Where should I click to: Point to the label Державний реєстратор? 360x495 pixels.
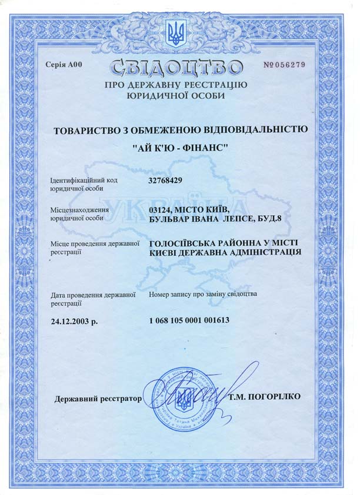coord(98,399)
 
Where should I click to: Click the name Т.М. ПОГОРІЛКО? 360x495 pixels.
coord(265,397)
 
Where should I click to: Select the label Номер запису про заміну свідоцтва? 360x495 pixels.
coord(203,293)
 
